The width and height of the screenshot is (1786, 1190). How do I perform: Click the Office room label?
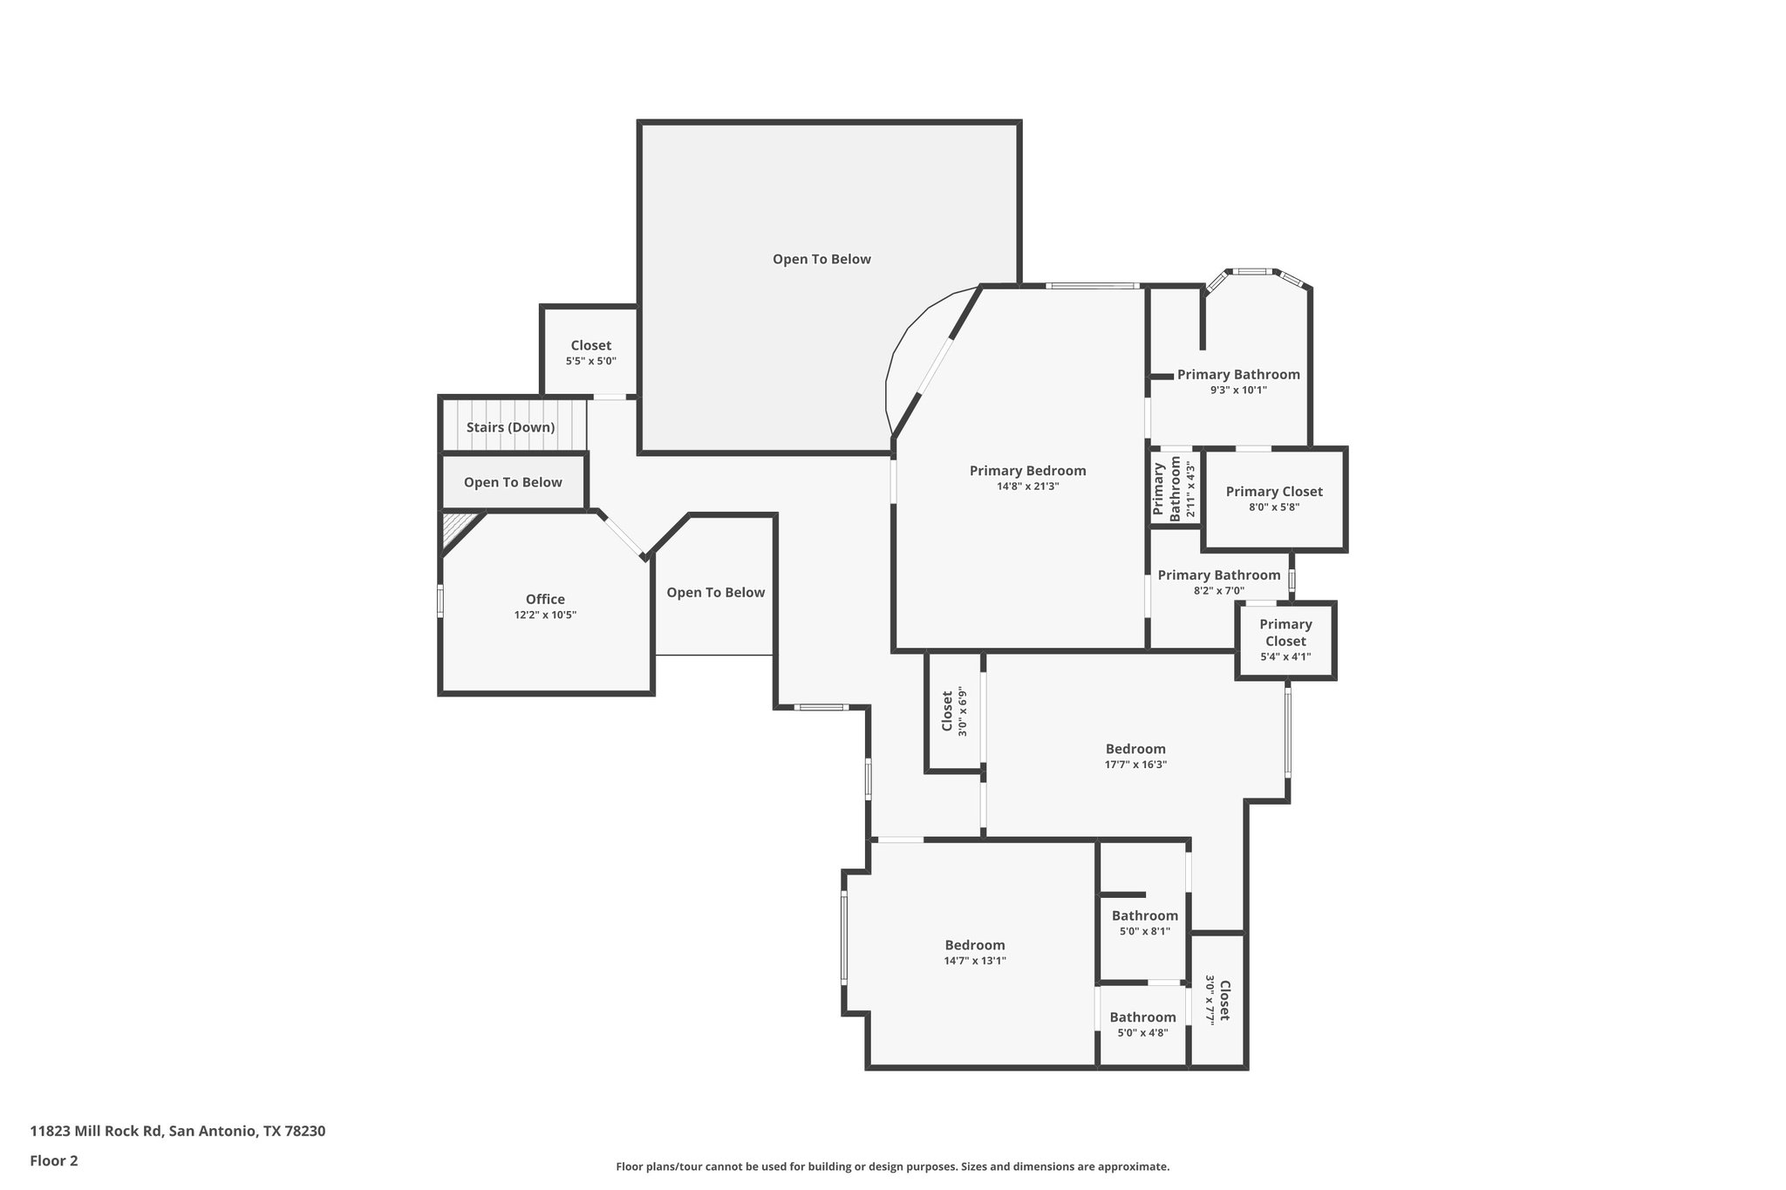[545, 599]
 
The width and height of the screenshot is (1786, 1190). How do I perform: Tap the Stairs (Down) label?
[510, 427]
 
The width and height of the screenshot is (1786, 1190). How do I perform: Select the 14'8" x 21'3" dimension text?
[1027, 486]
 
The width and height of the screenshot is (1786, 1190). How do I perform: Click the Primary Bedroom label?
[1027, 471]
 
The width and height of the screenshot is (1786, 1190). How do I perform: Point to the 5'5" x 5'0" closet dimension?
[590, 361]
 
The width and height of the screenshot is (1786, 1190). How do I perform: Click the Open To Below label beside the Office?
[715, 593]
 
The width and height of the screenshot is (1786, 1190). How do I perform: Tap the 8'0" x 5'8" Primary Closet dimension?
[1274, 507]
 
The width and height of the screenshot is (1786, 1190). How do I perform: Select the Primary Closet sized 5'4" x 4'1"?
[1285, 633]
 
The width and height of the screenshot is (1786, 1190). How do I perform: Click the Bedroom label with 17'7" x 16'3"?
[1135, 749]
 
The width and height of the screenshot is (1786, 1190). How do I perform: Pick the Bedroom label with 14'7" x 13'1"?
[975, 945]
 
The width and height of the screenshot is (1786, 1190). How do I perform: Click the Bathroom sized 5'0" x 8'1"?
[1144, 915]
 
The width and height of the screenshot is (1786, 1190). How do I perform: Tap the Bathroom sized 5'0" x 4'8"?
[1142, 1017]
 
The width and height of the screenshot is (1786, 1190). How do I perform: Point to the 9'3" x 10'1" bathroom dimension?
[1238, 391]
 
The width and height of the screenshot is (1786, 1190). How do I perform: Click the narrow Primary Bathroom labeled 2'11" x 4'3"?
[1167, 490]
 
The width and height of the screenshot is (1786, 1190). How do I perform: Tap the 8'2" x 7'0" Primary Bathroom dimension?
[1218, 591]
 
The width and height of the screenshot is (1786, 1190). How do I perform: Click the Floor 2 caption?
[54, 1160]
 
